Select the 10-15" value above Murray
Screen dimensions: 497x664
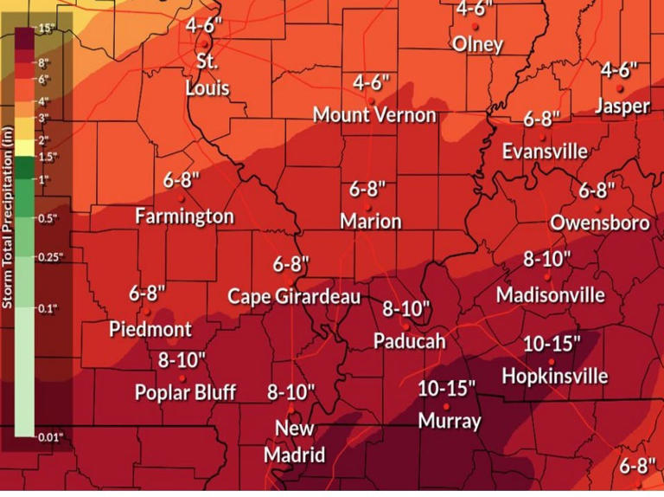click(446, 389)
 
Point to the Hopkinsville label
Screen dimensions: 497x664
click(554, 377)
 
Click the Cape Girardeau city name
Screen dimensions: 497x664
click(293, 297)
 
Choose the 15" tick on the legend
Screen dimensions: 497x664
click(46, 29)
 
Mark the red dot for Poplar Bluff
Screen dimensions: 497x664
click(182, 378)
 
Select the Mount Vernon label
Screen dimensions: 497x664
click(374, 115)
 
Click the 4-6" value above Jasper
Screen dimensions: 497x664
click(619, 69)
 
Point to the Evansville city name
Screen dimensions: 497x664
click(545, 152)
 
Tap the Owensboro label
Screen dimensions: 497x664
click(599, 223)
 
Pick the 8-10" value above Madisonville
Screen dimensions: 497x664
click(547, 259)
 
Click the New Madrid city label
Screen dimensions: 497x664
click(294, 442)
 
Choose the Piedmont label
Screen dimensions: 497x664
click(150, 330)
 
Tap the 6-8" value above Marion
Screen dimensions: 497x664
click(368, 189)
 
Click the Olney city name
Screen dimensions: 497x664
click(476, 44)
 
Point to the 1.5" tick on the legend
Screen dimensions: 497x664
click(48, 158)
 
